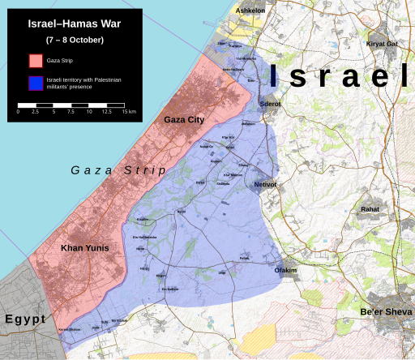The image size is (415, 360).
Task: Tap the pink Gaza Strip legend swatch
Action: (36, 61)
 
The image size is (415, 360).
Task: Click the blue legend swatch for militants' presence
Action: (36, 83)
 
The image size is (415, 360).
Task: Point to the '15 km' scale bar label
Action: (129, 112)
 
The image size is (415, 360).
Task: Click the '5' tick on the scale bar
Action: (53, 112)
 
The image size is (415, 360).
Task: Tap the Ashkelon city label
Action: (250, 11)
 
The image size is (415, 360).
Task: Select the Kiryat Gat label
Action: (382, 44)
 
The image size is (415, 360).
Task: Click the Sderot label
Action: (270, 105)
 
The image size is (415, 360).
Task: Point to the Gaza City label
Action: (184, 120)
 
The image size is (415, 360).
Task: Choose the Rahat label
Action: (370, 209)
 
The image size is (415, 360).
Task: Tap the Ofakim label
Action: (287, 270)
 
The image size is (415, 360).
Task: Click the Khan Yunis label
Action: (85, 247)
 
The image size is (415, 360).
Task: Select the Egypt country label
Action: (24, 319)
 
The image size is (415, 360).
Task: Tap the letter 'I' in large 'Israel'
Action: (276, 76)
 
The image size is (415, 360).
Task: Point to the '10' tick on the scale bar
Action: (89, 112)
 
